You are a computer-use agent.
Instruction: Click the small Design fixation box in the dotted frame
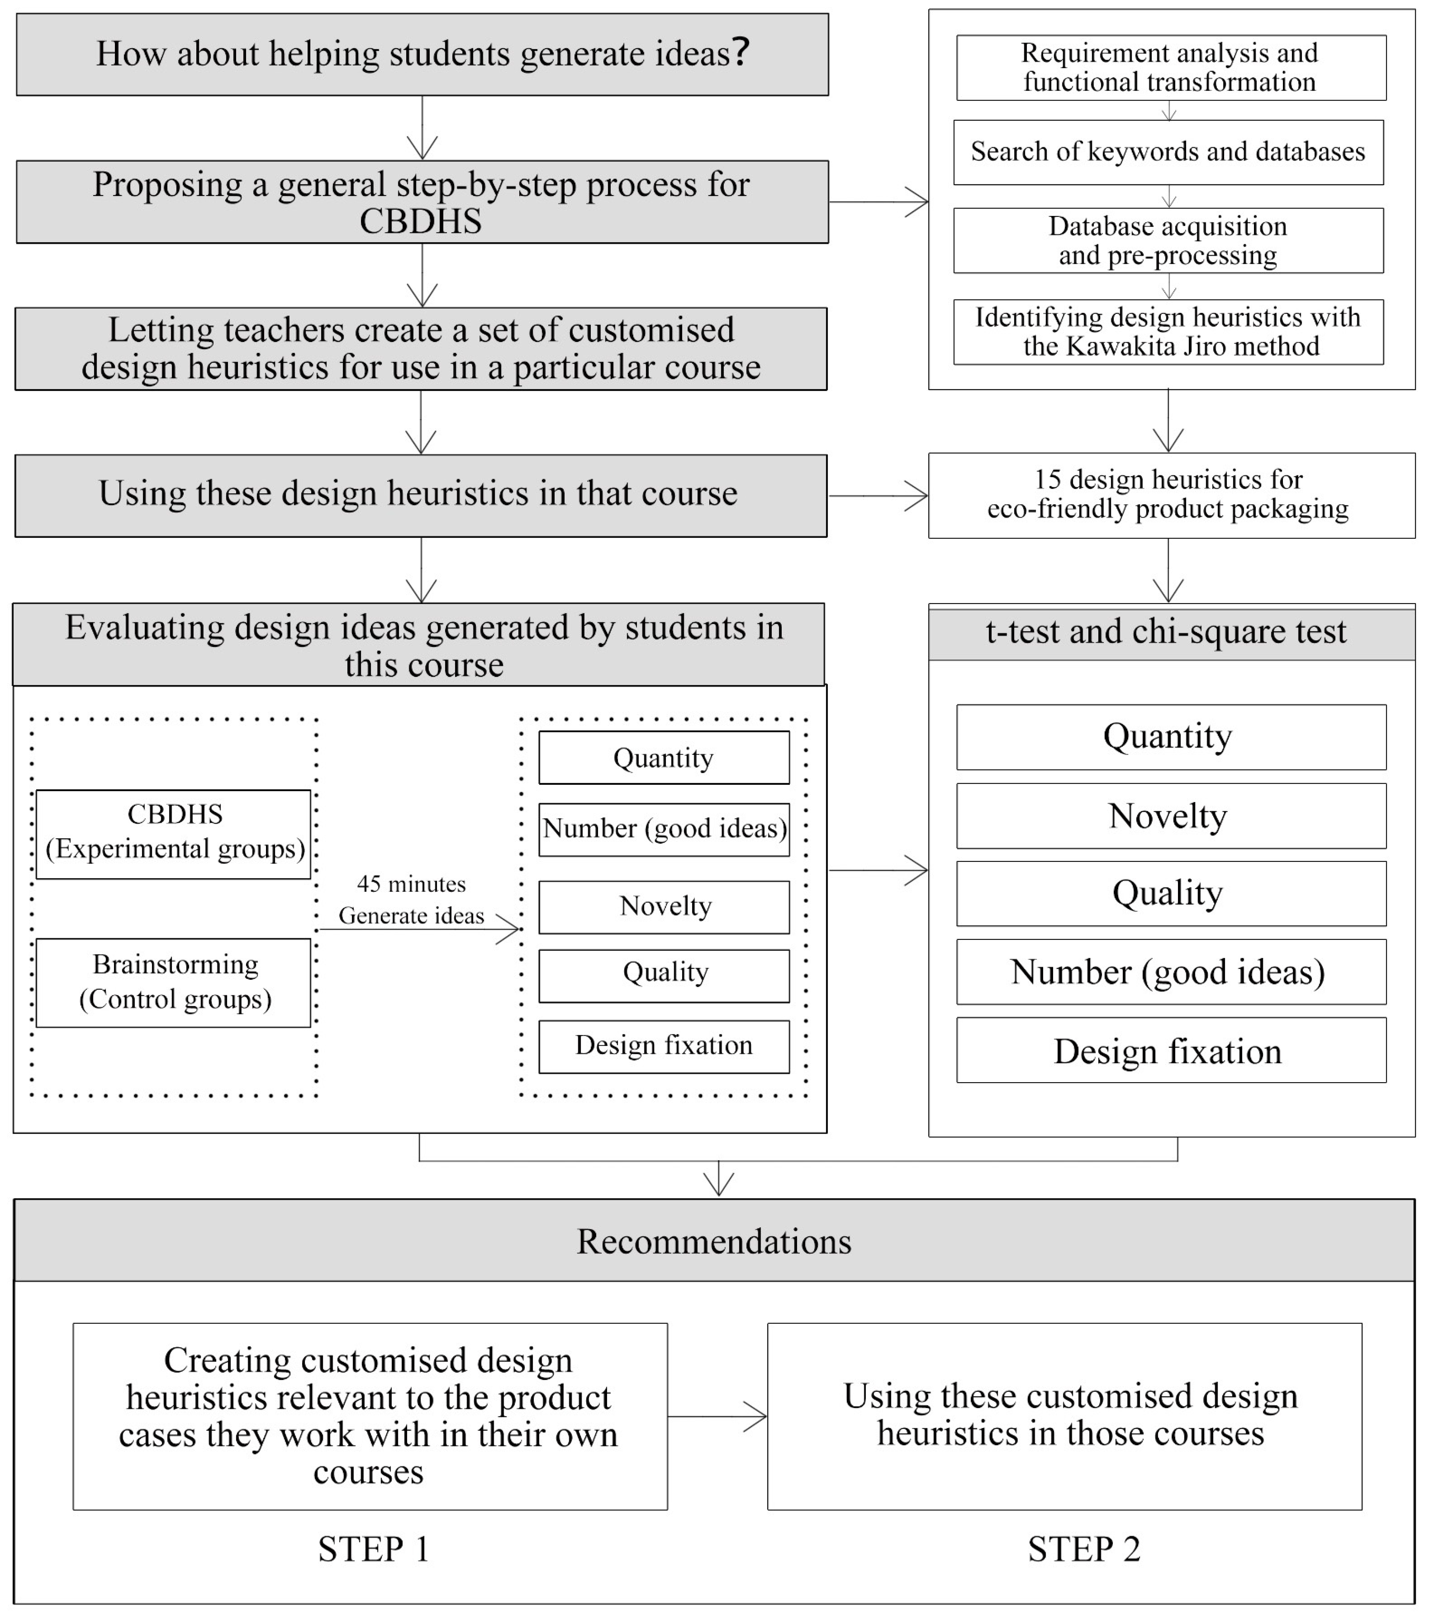click(664, 1046)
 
